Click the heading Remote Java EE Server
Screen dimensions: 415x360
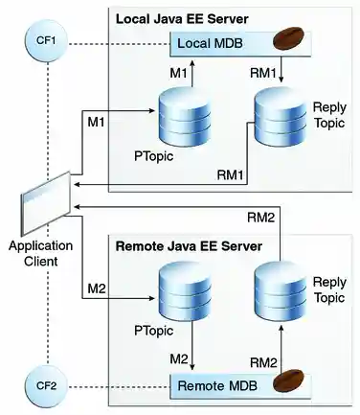189,246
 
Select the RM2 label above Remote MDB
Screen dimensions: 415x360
264,360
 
